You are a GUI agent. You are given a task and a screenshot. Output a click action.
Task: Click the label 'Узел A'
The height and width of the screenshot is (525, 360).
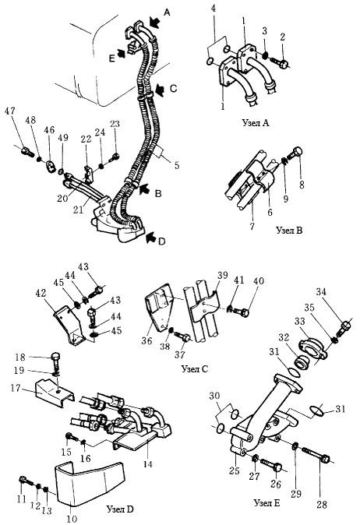[x=256, y=123]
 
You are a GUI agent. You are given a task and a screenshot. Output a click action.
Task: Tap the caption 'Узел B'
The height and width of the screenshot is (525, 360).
[x=289, y=231]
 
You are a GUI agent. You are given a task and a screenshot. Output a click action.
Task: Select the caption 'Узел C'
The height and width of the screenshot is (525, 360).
[x=195, y=369]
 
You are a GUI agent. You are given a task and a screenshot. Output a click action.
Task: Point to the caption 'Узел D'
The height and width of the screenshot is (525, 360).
[x=120, y=509]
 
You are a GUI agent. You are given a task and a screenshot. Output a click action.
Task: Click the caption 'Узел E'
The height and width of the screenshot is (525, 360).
[x=267, y=503]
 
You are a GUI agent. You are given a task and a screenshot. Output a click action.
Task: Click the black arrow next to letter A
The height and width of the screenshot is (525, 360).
[x=154, y=22]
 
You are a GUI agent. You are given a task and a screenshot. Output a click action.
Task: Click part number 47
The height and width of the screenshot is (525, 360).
[x=9, y=111]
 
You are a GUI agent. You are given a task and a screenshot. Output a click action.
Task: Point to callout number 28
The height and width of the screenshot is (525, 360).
[x=322, y=505]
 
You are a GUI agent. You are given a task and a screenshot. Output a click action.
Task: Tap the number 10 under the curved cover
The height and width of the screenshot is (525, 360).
[x=72, y=520]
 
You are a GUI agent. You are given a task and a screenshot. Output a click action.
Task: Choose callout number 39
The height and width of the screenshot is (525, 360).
[x=222, y=275]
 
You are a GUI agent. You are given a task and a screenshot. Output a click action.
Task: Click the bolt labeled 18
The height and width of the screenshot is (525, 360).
[x=57, y=361]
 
